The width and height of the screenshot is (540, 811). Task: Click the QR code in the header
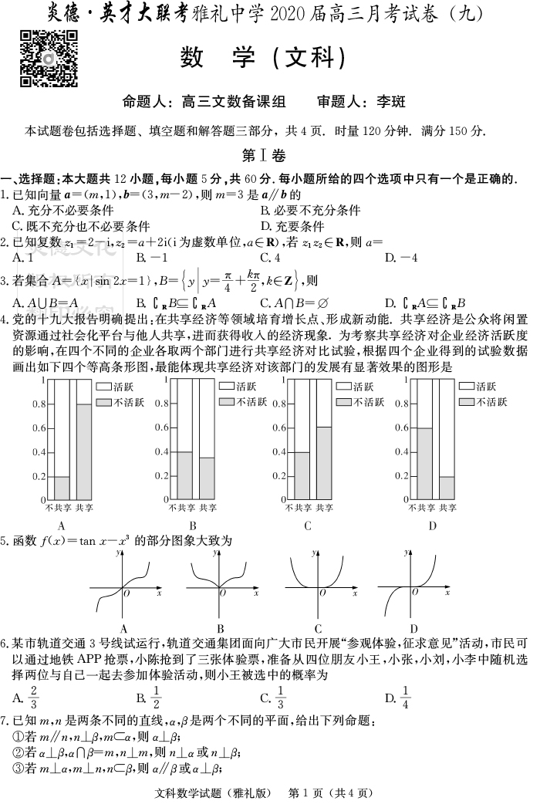49,59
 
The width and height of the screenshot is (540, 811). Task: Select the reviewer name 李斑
390,102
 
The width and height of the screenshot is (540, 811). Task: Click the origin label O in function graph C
322,593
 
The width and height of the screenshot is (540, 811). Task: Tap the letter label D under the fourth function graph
413,629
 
